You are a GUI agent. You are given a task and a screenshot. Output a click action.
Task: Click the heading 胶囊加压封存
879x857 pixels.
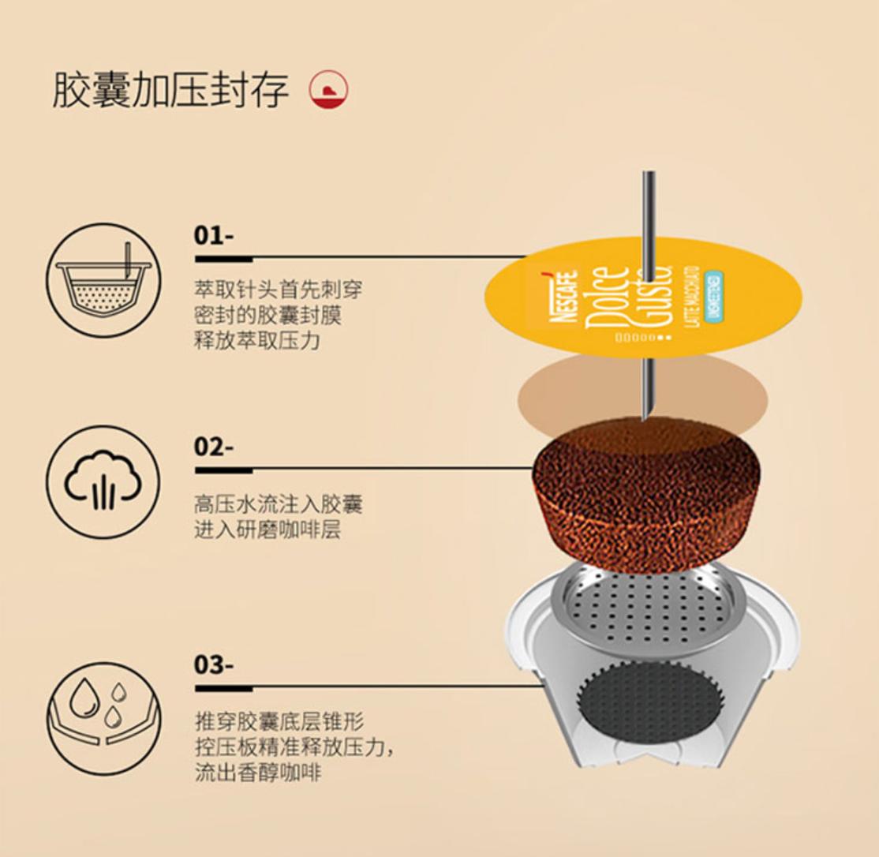coord(170,90)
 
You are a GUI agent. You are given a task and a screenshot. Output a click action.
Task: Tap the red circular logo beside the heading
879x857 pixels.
coord(329,90)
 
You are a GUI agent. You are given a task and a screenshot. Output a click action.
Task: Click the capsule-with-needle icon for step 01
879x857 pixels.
coord(103,281)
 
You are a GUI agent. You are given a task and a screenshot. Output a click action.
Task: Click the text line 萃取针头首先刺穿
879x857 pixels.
coord(279,290)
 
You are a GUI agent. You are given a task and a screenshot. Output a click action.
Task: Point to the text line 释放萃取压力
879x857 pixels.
coord(257,342)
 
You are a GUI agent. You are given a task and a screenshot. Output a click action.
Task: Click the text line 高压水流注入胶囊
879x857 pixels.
coord(279,503)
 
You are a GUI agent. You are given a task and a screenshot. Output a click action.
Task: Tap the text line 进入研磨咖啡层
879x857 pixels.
coord(267,530)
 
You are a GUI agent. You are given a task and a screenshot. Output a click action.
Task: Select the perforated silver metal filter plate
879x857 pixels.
coord(647,608)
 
